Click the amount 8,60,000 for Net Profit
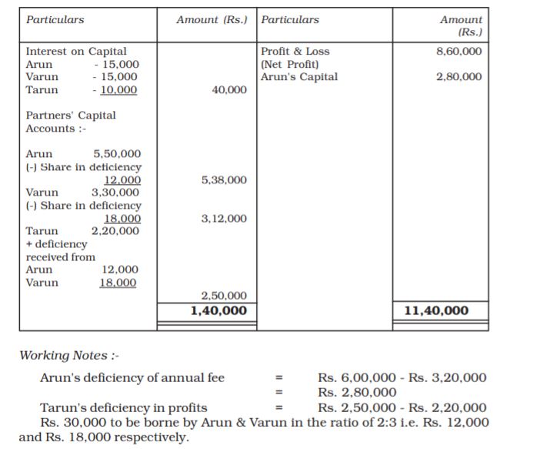coord(458,52)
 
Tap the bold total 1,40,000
coord(219,310)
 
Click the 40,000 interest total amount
coord(229,90)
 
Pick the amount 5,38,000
coord(224,180)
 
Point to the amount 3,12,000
coord(224,219)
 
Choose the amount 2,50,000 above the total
coord(224,296)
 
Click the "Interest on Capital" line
coord(76,52)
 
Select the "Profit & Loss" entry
coord(295,52)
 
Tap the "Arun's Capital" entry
coord(299,77)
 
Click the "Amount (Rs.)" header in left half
coord(212,19)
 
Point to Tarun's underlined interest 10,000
coord(118,90)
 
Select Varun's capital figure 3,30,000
coord(115,193)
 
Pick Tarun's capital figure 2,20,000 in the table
coord(115,231)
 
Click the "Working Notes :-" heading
coord(69,356)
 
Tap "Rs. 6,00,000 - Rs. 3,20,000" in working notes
coord(402,377)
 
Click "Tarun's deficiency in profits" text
coord(123,407)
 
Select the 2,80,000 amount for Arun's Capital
coord(458,77)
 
